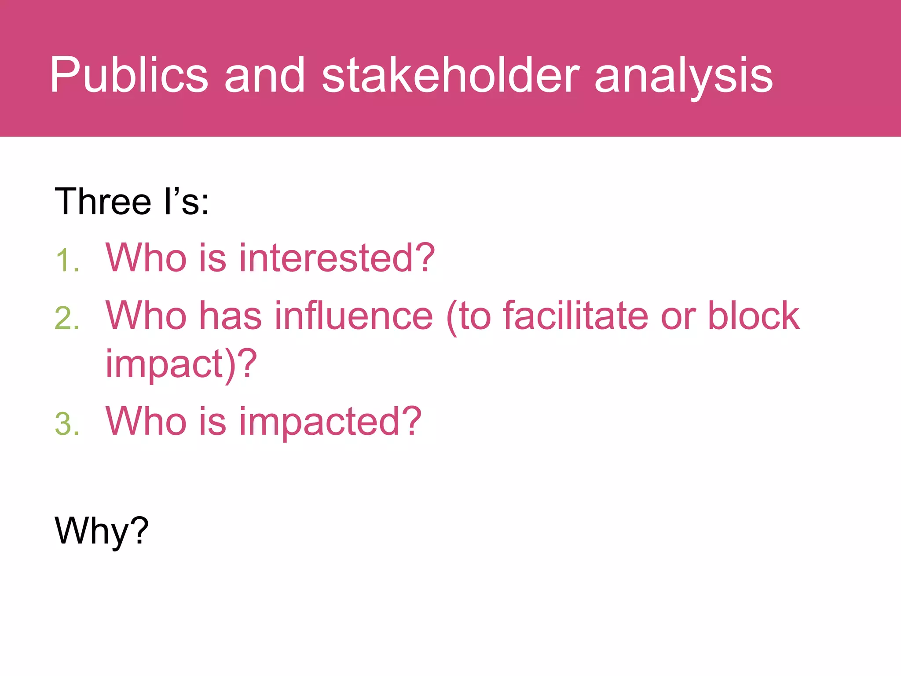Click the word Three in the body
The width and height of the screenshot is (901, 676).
pos(103,202)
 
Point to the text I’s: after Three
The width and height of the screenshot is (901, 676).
pos(186,202)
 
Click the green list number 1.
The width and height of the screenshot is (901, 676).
pos(67,261)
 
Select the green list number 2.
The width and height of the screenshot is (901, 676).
pos(67,318)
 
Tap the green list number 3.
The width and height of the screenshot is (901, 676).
pos(67,424)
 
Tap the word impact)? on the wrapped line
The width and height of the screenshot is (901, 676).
pos(181,364)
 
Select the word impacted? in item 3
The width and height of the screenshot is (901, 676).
pos(330,422)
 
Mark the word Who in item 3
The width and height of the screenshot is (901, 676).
pos(146,422)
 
